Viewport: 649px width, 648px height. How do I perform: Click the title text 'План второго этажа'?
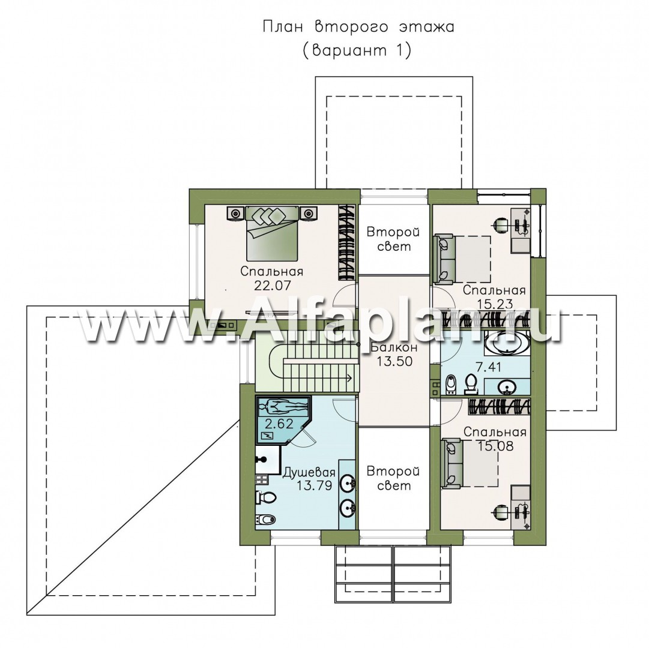point(358,27)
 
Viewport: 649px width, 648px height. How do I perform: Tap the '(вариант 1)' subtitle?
point(357,50)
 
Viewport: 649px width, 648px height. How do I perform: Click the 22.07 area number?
point(273,286)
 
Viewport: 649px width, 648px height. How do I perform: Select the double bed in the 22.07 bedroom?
point(272,233)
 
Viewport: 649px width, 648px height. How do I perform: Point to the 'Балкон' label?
point(394,347)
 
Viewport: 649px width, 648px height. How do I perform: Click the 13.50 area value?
point(394,361)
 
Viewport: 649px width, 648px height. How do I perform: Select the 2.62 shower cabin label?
point(279,424)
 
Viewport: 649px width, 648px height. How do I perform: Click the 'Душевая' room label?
point(309,472)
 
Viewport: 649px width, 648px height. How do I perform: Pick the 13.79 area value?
point(314,485)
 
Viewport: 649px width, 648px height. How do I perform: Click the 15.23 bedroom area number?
point(494,304)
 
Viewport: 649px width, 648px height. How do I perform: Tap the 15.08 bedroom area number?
point(495,446)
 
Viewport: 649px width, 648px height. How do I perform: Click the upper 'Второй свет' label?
point(394,239)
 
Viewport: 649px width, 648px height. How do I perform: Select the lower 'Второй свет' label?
point(393,478)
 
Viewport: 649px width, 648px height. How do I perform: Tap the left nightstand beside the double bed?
point(236,214)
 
